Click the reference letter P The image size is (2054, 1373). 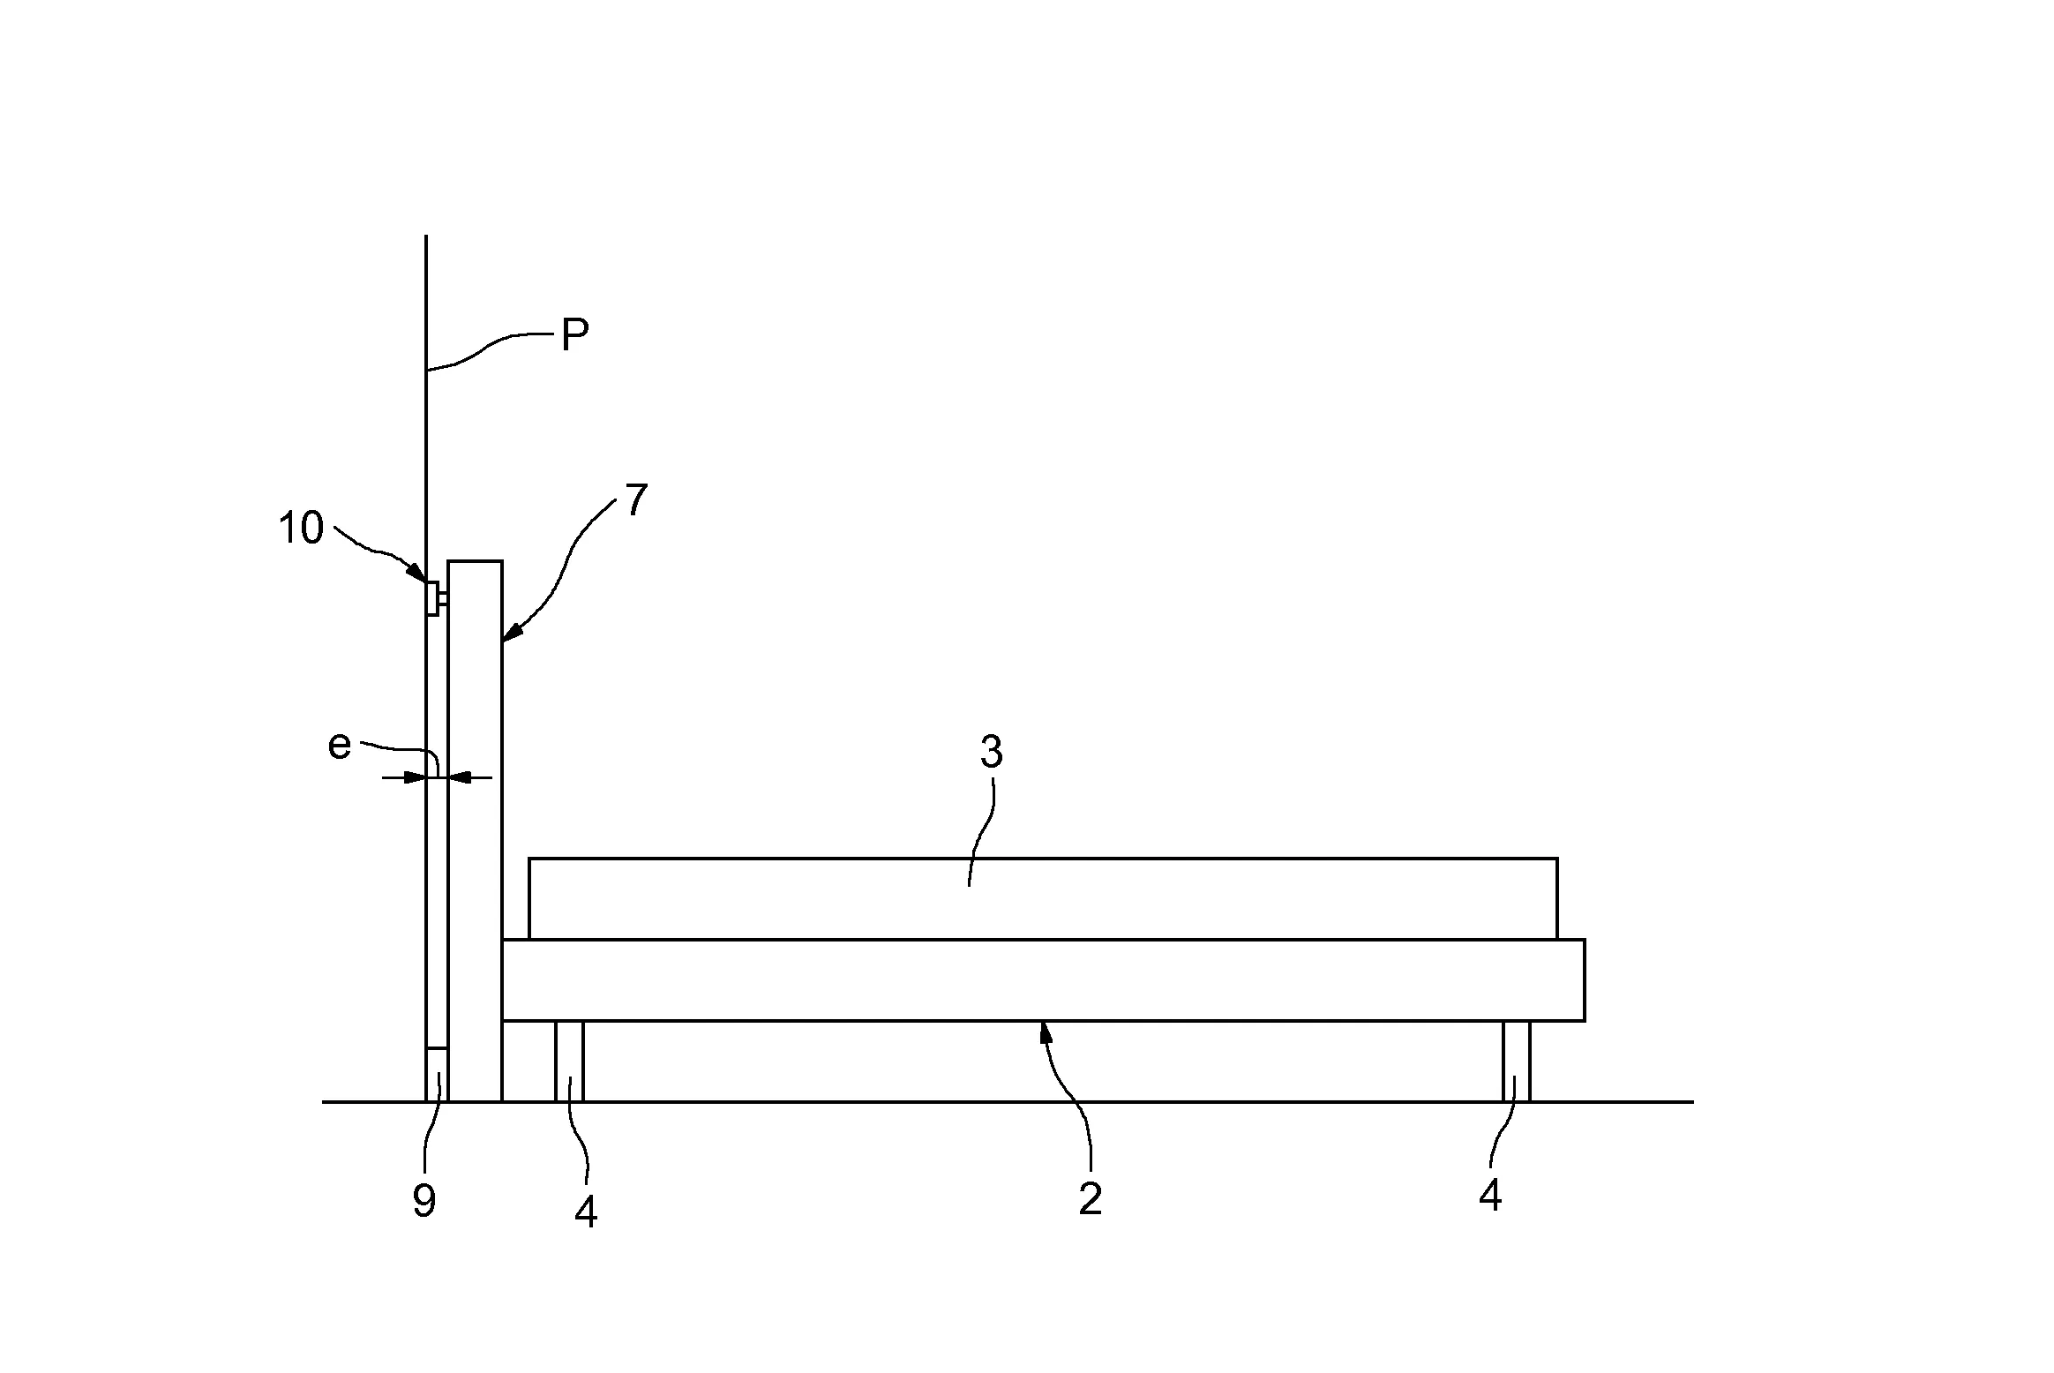(x=575, y=336)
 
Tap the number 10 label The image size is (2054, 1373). (x=301, y=528)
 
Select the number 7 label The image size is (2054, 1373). (x=636, y=499)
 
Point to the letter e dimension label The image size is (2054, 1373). (x=340, y=746)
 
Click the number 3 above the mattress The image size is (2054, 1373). (x=992, y=752)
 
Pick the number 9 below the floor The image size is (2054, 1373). (x=424, y=1201)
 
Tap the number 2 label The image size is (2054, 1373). (x=1091, y=1199)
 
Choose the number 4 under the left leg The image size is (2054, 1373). (x=586, y=1213)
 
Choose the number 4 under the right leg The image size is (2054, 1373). (x=1490, y=1196)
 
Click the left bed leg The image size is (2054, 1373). (x=569, y=1062)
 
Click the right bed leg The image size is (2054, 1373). (x=1517, y=1062)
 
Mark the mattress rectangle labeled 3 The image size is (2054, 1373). (x=1043, y=898)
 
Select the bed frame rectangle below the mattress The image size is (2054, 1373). (x=1043, y=980)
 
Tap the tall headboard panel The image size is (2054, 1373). (x=476, y=830)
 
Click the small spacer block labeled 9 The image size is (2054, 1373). (x=437, y=1075)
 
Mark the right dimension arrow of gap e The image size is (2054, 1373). (x=469, y=777)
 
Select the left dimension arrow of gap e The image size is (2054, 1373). (x=404, y=777)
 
